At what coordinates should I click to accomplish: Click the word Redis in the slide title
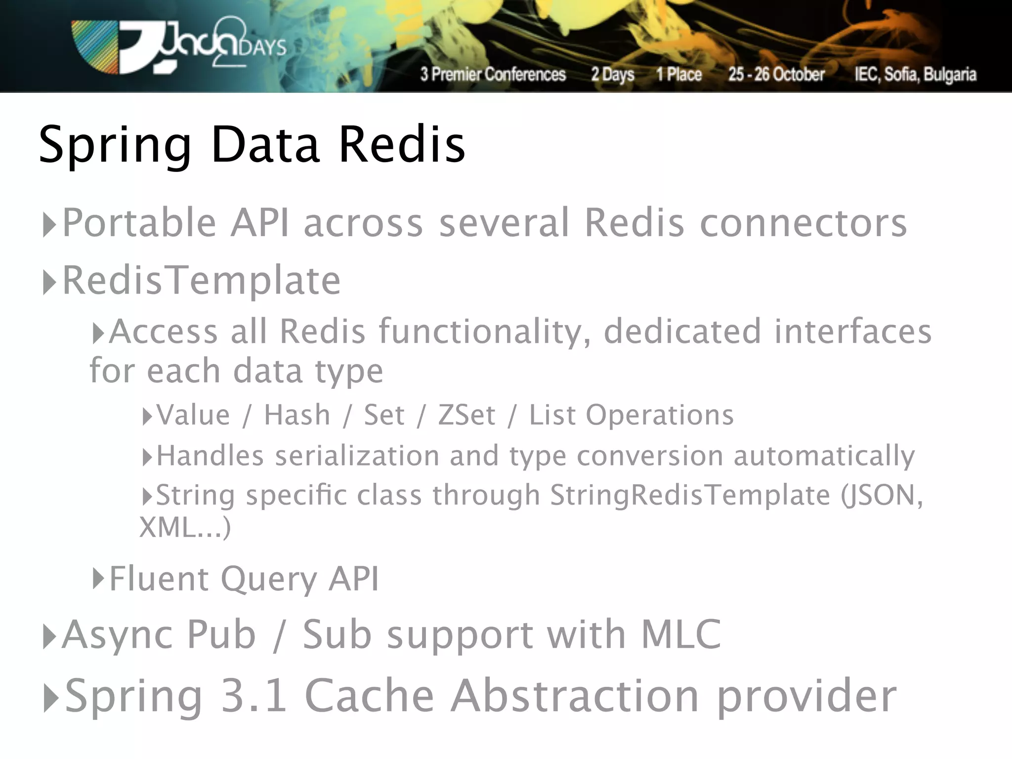click(x=402, y=144)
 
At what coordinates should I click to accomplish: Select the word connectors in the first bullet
click(x=803, y=223)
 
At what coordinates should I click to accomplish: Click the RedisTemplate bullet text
click(x=202, y=281)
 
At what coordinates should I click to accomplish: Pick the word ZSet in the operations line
click(x=466, y=415)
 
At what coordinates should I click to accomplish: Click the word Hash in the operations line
click(x=297, y=415)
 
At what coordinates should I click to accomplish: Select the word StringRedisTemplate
click(x=690, y=495)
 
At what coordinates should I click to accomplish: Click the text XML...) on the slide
click(x=185, y=527)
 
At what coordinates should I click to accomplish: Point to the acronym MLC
click(x=681, y=634)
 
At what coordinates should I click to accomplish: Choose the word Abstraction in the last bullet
click(x=575, y=696)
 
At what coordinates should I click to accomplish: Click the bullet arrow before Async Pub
click(x=49, y=636)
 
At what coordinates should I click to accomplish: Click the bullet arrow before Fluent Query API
click(x=98, y=578)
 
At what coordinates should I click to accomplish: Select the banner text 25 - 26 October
click(x=776, y=74)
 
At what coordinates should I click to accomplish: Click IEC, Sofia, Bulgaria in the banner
click(x=915, y=74)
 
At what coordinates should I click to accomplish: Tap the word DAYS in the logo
click(x=262, y=48)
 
